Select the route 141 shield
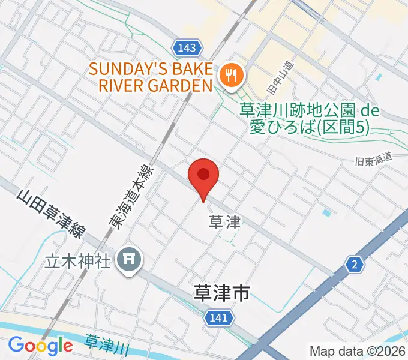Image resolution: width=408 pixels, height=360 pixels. [x=218, y=317]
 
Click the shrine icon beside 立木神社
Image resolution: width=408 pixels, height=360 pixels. [x=129, y=260]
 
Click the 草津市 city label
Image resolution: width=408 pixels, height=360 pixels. [x=222, y=293]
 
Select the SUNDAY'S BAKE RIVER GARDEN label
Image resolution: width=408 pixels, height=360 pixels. [x=151, y=76]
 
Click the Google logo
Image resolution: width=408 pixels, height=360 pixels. [x=40, y=346]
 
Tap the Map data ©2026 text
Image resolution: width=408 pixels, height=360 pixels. [x=358, y=351]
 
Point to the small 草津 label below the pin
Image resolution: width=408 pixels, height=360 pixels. [x=224, y=223]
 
